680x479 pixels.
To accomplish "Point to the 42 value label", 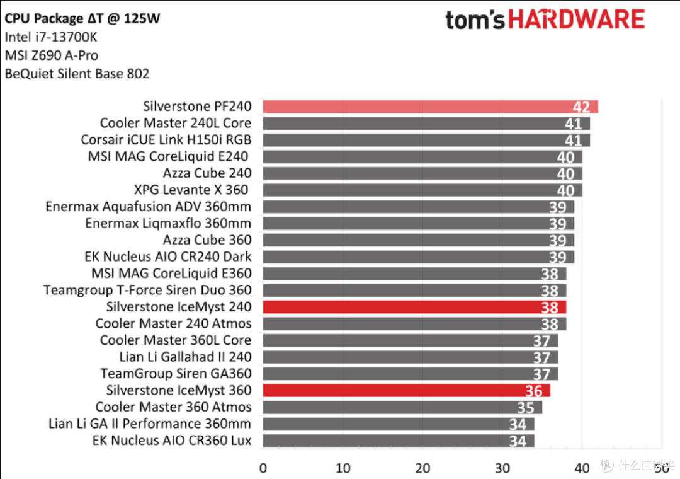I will click(x=581, y=107).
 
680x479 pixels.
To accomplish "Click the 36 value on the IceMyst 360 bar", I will click(x=533, y=391).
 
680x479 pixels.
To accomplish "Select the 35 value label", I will click(x=526, y=408).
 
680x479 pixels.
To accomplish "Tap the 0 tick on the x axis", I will click(x=263, y=468).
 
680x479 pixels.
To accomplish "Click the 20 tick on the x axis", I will click(x=422, y=468).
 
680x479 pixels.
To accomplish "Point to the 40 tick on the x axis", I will click(x=582, y=468).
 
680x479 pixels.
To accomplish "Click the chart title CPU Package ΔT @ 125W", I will click(x=82, y=18).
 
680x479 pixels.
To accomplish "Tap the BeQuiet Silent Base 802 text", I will click(x=77, y=74).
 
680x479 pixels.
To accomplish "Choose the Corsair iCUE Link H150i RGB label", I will click(x=166, y=139).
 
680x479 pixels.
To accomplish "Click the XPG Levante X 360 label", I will click(x=192, y=190).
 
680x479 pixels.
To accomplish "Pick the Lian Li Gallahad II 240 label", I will click(x=185, y=357).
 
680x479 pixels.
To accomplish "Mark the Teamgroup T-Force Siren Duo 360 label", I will click(x=147, y=290).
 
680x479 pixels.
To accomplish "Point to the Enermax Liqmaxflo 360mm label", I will click(x=168, y=223).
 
